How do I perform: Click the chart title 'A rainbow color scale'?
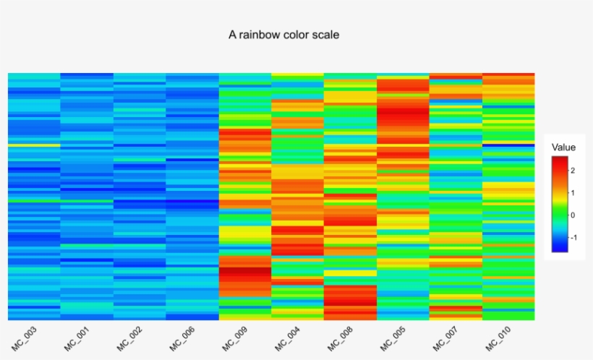[283, 34]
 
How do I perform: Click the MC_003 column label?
[24, 338]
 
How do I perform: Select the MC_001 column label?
[77, 338]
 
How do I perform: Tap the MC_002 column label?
[129, 338]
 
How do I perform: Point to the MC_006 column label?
[182, 338]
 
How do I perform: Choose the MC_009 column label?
[235, 338]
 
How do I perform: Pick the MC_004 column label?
[288, 338]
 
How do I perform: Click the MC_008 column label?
[341, 338]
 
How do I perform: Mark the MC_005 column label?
[393, 338]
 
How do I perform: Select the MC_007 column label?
[446, 338]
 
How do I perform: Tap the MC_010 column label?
[499, 338]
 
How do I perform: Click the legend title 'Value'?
[563, 147]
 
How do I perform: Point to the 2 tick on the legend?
[572, 171]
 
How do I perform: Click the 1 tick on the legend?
[572, 192]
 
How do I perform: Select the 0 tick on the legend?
[572, 215]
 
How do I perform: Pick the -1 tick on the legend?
[573, 237]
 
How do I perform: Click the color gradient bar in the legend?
[559, 204]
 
